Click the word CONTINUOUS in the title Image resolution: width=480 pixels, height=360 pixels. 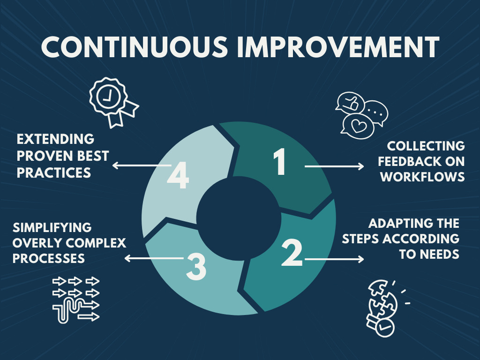point(135,47)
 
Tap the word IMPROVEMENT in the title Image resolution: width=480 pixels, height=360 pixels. point(338,47)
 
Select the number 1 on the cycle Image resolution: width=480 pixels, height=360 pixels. point(280,162)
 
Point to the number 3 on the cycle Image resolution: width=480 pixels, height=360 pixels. point(196,267)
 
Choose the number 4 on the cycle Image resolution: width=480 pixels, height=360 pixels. point(178,175)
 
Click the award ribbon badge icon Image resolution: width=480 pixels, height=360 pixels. point(113,102)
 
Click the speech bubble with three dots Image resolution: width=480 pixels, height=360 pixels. point(376,112)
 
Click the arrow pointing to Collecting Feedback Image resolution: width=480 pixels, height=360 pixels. point(334,166)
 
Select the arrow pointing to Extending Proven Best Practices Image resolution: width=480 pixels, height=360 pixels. point(142,165)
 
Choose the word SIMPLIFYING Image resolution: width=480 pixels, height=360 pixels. point(52,227)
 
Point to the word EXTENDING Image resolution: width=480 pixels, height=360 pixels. point(55,139)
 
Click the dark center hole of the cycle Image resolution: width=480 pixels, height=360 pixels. point(239,218)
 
